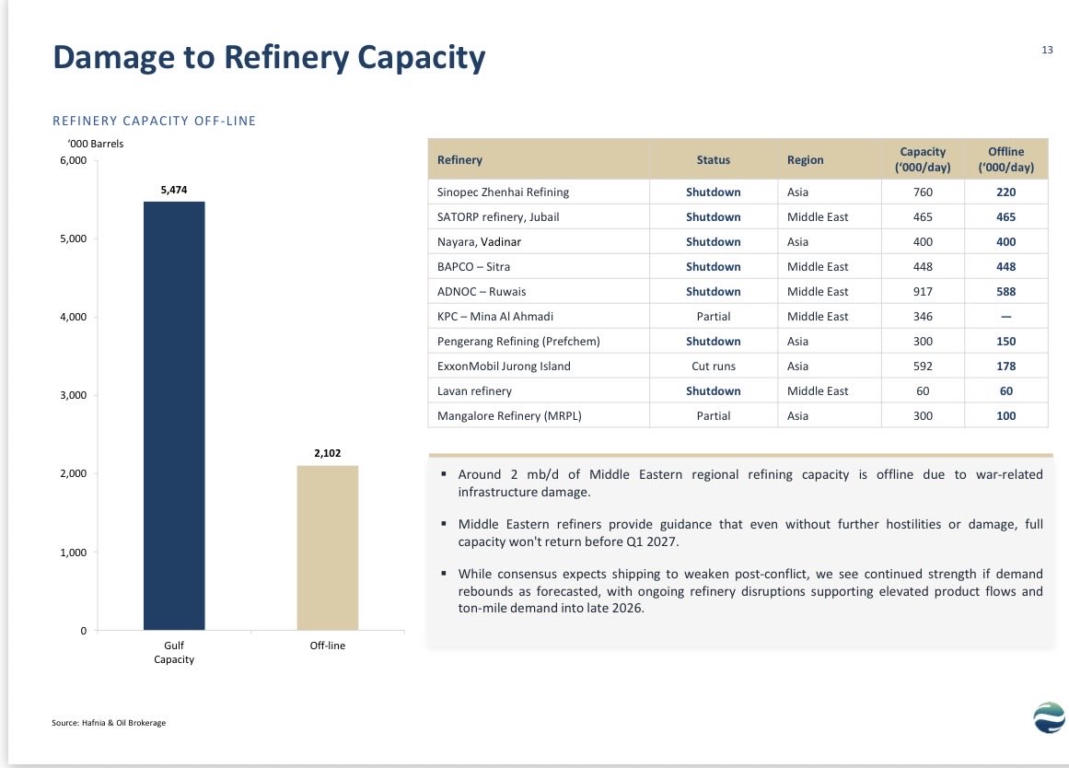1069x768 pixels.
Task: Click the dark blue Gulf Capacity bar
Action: pos(174,415)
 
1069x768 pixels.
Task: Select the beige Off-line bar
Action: pos(327,548)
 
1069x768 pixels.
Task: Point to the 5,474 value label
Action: pos(174,190)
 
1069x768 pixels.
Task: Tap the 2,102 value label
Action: pos(327,453)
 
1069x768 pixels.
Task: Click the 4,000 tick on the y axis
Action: pos(74,317)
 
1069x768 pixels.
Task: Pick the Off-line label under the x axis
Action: pos(327,646)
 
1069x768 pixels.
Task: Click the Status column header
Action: pos(713,159)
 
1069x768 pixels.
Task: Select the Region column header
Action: pos(805,159)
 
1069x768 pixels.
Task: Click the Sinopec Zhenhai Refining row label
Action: pos(503,192)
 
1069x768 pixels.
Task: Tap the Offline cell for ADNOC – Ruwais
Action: pos(1005,291)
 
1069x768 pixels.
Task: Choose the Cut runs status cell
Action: pos(713,367)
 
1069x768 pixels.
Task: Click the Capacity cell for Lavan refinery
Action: pos(923,390)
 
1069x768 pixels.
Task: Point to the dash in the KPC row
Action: pos(1005,317)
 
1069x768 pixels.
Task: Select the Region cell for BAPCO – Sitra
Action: pos(818,267)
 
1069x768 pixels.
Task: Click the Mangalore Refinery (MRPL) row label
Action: pos(509,416)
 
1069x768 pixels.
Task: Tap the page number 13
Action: pos(1047,50)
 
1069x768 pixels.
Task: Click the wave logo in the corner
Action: pos(1050,717)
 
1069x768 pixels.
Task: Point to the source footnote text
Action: pos(109,723)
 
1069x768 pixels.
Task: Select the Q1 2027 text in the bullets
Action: pos(653,542)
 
